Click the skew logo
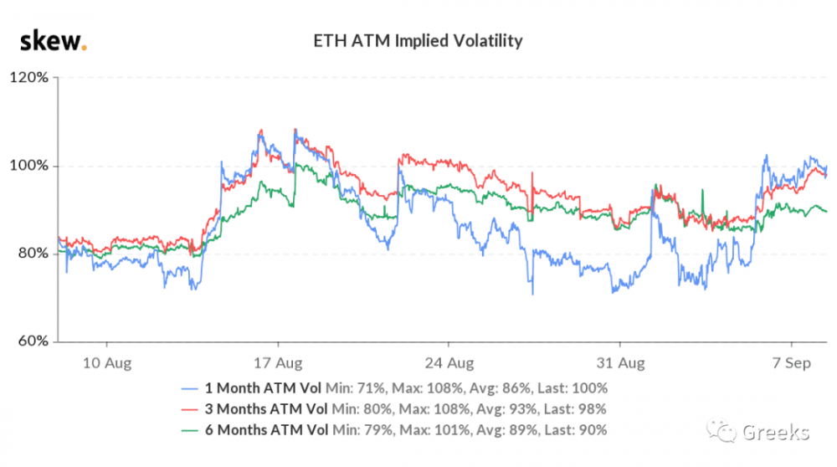pyautogui.click(x=53, y=39)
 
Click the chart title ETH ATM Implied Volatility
pyautogui.click(x=418, y=39)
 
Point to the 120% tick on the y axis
pyautogui.click(x=30, y=78)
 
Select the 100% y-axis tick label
pyautogui.click(x=30, y=166)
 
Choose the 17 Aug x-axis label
pyautogui.click(x=277, y=365)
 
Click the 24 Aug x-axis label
pyautogui.click(x=449, y=365)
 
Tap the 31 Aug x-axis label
pyautogui.click(x=619, y=365)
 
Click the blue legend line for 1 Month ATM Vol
pyautogui.click(x=191, y=388)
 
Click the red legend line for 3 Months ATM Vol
pyautogui.click(x=191, y=409)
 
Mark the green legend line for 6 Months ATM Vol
pyautogui.click(x=191, y=430)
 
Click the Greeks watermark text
pyautogui.click(x=775, y=432)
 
